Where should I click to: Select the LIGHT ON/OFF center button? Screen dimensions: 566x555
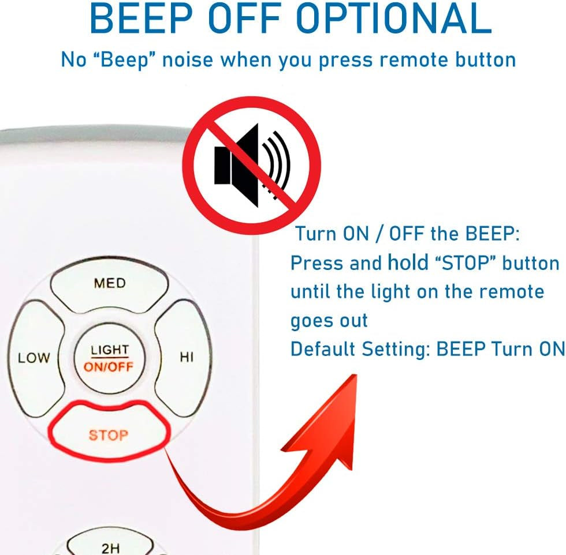point(109,358)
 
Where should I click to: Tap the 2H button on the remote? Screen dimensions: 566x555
point(110,545)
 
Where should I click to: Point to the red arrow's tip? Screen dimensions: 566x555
point(356,375)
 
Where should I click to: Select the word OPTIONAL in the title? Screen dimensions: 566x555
point(394,18)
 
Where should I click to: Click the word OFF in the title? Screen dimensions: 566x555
point(244,18)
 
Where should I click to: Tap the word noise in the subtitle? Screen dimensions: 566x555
point(188,59)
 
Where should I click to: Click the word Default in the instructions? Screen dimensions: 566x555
point(323,348)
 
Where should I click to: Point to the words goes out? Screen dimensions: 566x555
point(329,321)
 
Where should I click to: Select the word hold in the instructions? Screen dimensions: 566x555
point(408,262)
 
